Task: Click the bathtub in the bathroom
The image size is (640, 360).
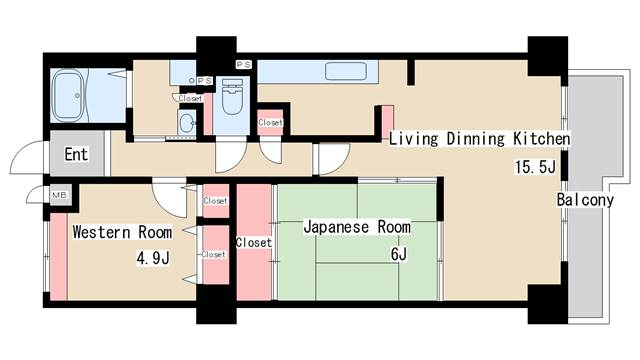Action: click(69, 96)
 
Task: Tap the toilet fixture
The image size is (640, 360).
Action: click(232, 97)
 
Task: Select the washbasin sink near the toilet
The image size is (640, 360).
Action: click(187, 122)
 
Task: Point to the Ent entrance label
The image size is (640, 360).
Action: click(76, 154)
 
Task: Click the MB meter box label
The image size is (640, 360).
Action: click(59, 196)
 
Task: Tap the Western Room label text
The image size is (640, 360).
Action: click(122, 232)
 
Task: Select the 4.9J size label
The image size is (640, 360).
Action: click(153, 258)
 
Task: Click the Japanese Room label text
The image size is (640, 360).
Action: click(357, 227)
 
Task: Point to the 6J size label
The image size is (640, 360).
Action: click(399, 254)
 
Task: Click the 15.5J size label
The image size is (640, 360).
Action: click(535, 167)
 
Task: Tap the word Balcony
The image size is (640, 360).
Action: click(585, 200)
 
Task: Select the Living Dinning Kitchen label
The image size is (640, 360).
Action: click(479, 139)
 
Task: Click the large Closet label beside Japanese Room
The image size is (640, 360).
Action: click(253, 242)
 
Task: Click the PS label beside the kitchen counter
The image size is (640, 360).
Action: click(244, 64)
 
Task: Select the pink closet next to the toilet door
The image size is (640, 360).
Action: click(270, 122)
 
